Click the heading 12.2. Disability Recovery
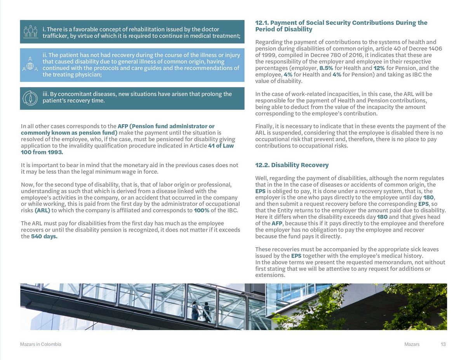point(292,165)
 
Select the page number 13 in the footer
point(443,344)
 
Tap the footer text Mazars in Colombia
point(40,344)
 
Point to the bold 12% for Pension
point(379,68)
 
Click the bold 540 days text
point(44,237)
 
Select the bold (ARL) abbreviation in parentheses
point(42,211)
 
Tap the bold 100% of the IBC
point(202,211)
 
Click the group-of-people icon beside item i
point(30,31)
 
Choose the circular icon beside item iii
point(30,98)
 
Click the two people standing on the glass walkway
point(200,310)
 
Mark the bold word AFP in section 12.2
point(277,223)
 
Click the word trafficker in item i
point(56,36)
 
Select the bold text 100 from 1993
point(42,152)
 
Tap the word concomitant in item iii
point(76,94)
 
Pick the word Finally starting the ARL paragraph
point(264,126)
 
